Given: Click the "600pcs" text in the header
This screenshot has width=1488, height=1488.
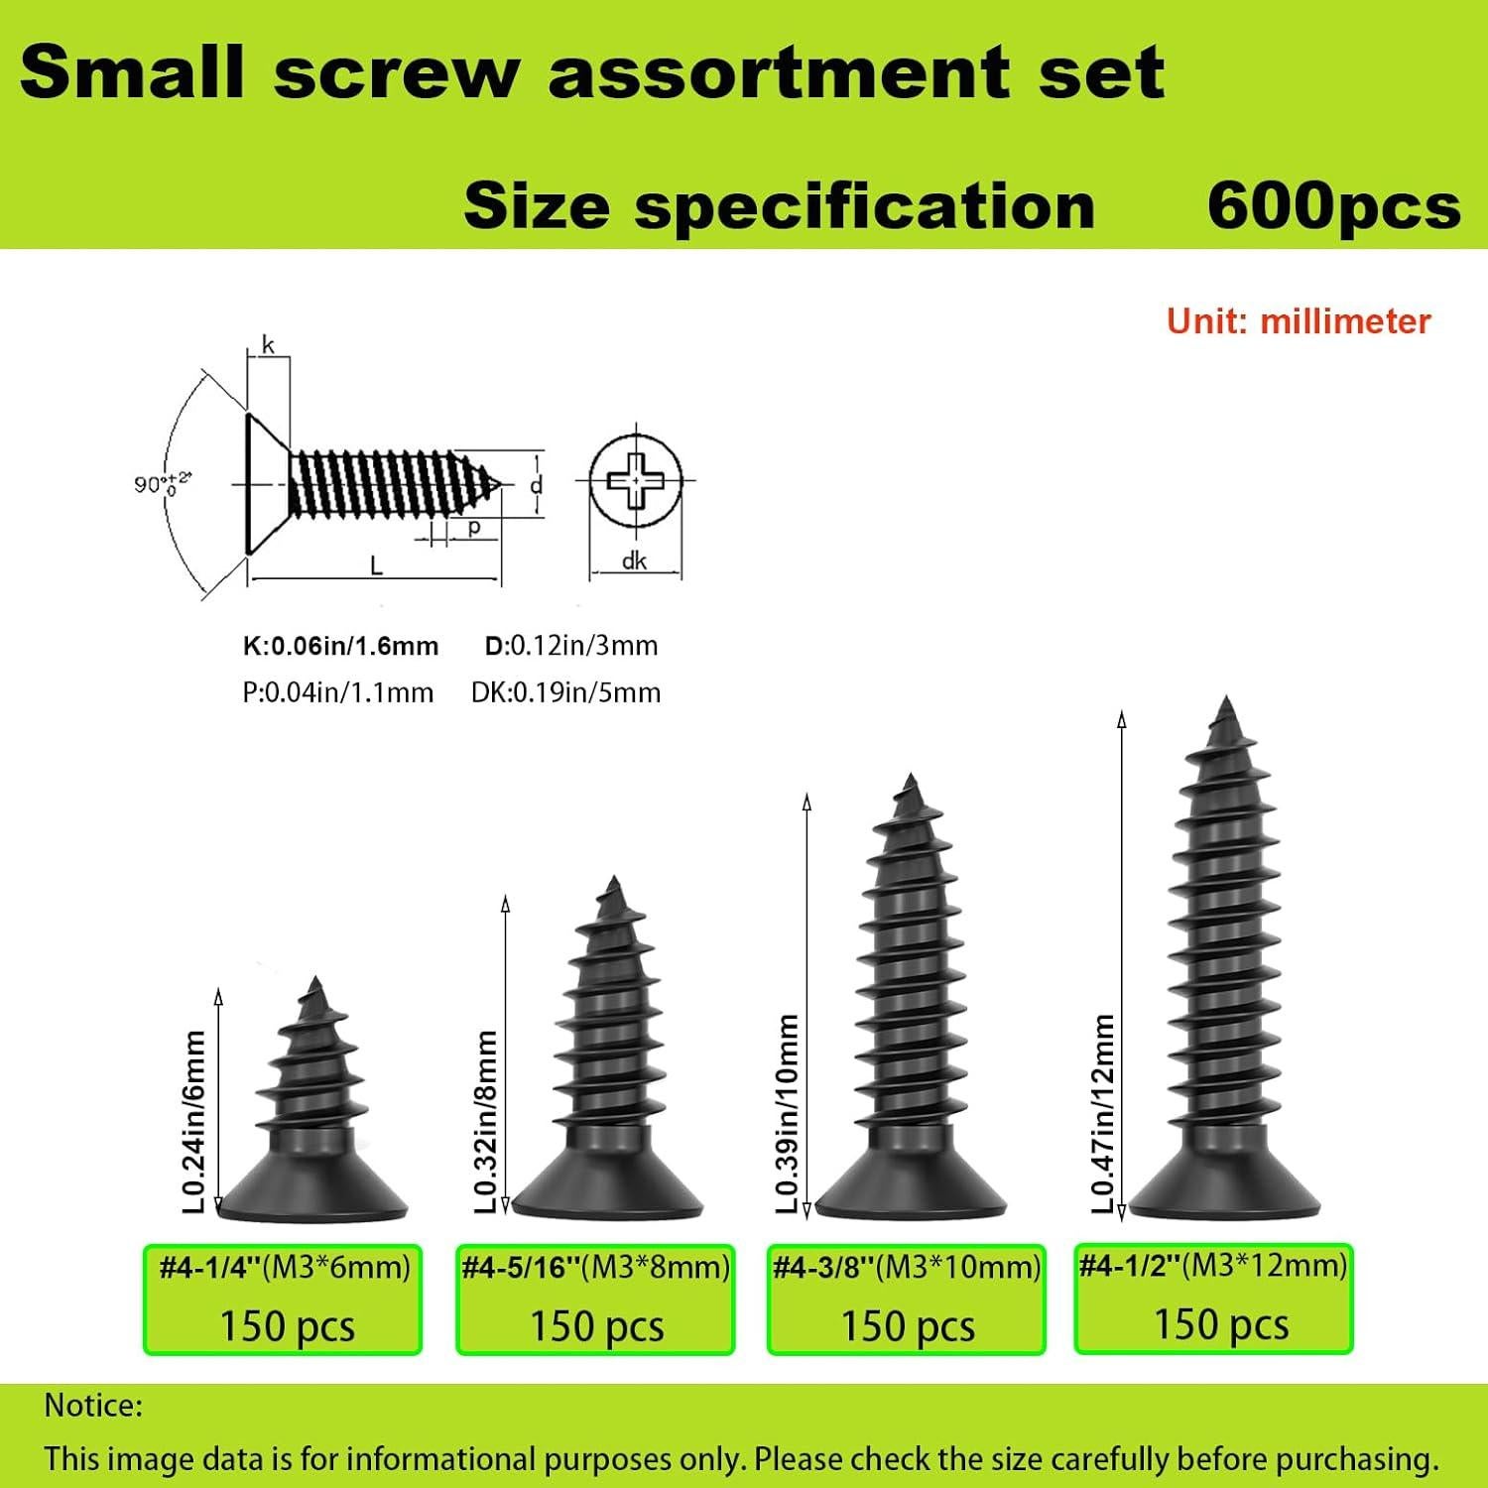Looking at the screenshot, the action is coord(1333,207).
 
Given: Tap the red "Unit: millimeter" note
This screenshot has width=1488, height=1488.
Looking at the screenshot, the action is coord(1299,321).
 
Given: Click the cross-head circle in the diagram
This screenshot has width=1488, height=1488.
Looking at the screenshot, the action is coord(635,483).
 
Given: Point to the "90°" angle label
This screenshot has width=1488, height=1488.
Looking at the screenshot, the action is coord(162,484).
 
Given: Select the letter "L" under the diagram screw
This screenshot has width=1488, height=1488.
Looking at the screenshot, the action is coord(376,565).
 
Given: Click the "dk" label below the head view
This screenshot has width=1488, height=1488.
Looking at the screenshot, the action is coord(634,561).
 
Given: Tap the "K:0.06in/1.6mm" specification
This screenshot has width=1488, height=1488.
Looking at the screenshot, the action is coord(340,647).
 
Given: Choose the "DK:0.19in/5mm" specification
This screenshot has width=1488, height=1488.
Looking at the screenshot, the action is coord(565,692).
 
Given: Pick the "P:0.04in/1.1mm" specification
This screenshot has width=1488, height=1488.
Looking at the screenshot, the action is coord(338,692).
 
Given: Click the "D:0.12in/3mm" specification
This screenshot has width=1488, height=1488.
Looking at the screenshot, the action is coord(571,646).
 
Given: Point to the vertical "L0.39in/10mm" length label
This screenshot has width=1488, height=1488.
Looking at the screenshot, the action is coord(788,1113).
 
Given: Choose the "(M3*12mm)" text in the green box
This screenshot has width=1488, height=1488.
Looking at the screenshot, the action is coord(1265,1265).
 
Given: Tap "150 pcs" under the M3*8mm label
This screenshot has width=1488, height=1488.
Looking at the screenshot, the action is coord(596,1326).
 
